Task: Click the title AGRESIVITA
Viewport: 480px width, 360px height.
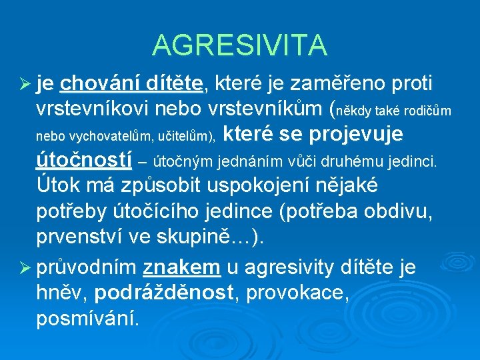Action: tap(240, 45)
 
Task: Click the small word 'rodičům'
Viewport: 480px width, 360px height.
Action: tap(428, 111)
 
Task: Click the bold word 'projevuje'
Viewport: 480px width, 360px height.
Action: tap(355, 134)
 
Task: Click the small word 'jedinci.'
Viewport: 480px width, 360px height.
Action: tap(414, 161)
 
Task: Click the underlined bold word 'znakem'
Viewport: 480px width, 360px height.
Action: tap(181, 268)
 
